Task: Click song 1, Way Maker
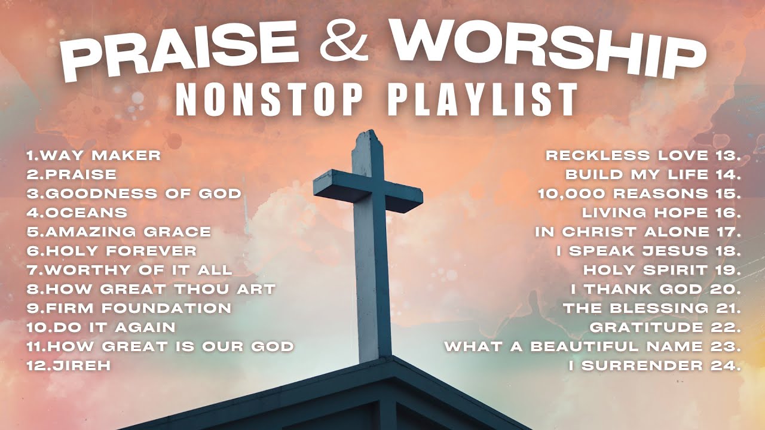coord(94,155)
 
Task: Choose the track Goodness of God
coord(134,193)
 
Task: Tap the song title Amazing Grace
coord(119,232)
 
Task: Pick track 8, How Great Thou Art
coord(151,289)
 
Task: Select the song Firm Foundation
coord(129,308)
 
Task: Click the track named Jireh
coord(69,365)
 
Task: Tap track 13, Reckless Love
coord(643,155)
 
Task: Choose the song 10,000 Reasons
coord(639,193)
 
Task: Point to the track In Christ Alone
coord(638,232)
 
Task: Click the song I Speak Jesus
coord(648,251)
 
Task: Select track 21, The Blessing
coord(651,308)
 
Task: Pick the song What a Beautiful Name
coord(592,346)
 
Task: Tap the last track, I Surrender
coord(654,365)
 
